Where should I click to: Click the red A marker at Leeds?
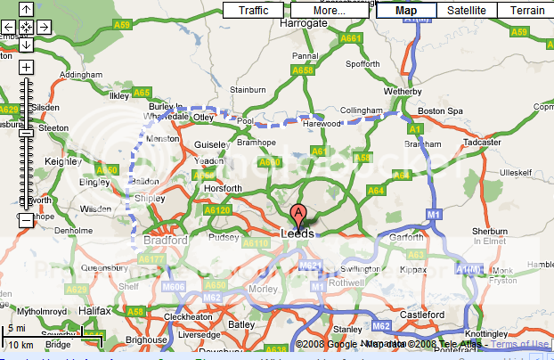(298, 215)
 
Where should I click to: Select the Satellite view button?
(467, 11)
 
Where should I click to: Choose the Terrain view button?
(526, 11)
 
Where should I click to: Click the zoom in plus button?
(26, 67)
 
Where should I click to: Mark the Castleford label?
(423, 315)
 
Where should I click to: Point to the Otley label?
(205, 116)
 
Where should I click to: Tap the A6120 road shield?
(217, 209)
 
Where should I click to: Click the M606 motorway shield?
(174, 286)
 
